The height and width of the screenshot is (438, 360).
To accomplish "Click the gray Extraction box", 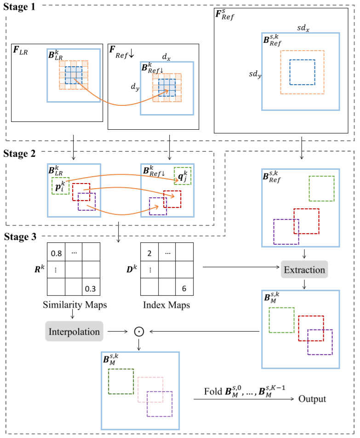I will pyautogui.click(x=304, y=270).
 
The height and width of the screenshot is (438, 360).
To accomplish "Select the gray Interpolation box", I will pyautogui.click(x=74, y=331).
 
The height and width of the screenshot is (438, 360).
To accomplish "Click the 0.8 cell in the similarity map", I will pyautogui.click(x=56, y=252).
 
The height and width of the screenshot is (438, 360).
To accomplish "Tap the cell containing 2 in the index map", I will pyautogui.click(x=149, y=252).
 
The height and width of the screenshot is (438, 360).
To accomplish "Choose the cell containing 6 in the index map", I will pyautogui.click(x=184, y=288).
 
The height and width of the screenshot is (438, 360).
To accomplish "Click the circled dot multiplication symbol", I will pyautogui.click(x=137, y=331).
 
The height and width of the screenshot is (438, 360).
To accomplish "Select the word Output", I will pyautogui.click(x=312, y=398).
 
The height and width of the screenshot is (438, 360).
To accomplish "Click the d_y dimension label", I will pyautogui.click(x=134, y=86).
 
